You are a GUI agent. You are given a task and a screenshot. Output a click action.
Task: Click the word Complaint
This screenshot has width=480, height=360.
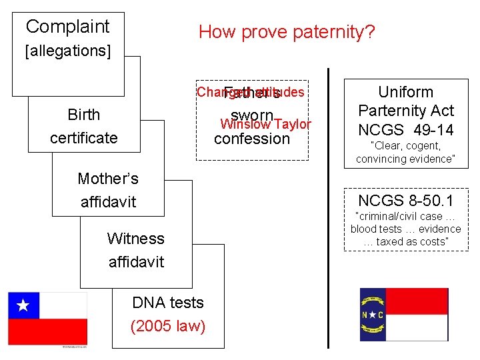67,27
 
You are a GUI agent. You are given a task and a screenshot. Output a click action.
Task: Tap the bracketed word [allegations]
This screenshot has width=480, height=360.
67,51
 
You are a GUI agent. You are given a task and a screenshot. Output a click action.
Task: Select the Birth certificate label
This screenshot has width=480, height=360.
84,126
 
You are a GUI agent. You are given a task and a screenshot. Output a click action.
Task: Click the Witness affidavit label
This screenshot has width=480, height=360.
136,250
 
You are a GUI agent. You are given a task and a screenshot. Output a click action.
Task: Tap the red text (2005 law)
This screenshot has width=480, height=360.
168,326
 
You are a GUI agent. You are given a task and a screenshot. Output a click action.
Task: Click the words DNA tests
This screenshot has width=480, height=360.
168,303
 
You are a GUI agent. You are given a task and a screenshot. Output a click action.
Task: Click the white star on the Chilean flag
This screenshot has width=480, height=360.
23,306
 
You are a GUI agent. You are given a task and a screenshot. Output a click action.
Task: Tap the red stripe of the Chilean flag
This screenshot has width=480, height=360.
47,331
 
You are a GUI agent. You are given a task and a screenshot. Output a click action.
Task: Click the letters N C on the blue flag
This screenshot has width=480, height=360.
372,315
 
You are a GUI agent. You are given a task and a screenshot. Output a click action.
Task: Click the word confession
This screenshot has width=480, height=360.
252,139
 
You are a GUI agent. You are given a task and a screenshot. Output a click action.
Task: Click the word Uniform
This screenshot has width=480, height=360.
405,92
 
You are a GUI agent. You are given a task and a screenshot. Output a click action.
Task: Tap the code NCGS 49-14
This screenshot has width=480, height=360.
405,129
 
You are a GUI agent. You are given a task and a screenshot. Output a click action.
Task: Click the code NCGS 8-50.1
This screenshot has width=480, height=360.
405,200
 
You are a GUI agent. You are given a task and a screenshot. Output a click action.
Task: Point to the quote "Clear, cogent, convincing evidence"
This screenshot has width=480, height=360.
405,152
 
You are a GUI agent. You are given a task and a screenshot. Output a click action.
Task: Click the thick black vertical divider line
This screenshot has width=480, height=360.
329,207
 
